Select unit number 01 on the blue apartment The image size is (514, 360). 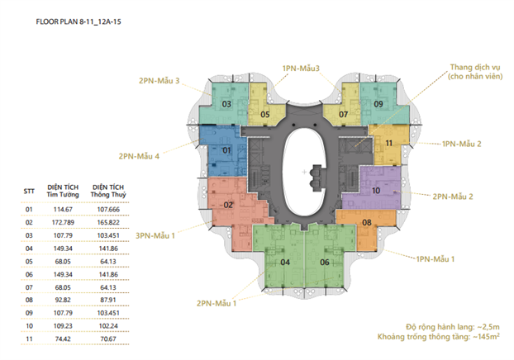tap(226, 151)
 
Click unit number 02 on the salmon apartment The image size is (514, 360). tap(229, 205)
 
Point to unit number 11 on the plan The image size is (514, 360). tap(388, 143)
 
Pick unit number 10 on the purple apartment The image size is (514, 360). tap(376, 191)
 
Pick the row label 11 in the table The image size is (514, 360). tap(29, 339)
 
